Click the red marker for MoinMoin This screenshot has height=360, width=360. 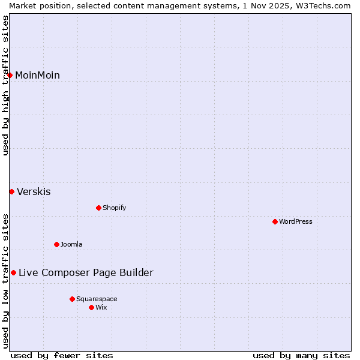click(x=10, y=75)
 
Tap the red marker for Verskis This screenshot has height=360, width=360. click(x=11, y=191)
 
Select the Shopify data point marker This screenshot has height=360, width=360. click(x=98, y=208)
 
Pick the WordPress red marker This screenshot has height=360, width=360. click(x=275, y=221)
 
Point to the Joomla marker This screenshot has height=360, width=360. click(x=56, y=244)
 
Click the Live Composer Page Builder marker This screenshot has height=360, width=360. click(x=13, y=272)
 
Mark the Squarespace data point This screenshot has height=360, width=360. click(x=72, y=299)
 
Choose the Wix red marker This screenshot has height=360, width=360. click(x=91, y=307)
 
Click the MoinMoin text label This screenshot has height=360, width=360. click(x=37, y=75)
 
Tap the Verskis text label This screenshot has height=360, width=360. click(x=34, y=192)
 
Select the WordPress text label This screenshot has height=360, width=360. click(x=296, y=221)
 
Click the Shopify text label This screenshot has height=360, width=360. click(x=114, y=208)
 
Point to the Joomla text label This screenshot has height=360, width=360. click(x=71, y=244)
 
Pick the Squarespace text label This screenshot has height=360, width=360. click(x=97, y=299)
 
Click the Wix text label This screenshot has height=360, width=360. click(x=101, y=307)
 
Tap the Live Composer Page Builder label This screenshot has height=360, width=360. click(x=86, y=273)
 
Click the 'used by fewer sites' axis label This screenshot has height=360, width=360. click(x=62, y=355)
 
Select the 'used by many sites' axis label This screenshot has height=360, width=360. click(x=301, y=355)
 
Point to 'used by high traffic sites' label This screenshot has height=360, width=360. click(x=6, y=85)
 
